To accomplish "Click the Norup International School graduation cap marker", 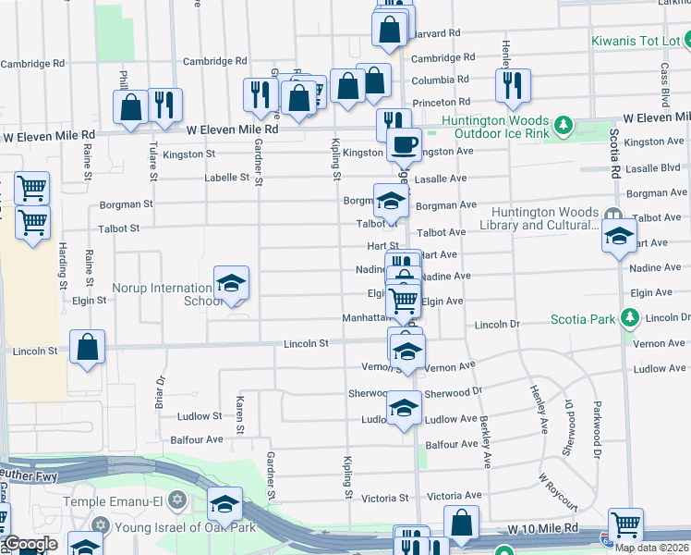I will point(231,283).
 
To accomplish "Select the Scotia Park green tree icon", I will point(630,319).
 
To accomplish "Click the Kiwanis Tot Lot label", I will point(636,41).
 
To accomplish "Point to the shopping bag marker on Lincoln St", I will point(87,349).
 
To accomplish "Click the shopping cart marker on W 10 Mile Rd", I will point(625,524).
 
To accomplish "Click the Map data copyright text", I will point(652,548).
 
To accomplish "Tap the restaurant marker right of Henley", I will point(511,84).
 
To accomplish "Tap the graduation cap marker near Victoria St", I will point(224,504).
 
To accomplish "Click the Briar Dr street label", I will point(160,392).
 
